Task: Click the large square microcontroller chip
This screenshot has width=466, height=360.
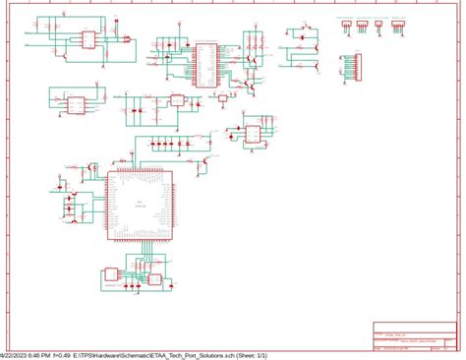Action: (141, 204)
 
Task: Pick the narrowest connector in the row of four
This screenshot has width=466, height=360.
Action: (346, 25)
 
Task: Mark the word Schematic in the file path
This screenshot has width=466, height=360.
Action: (166, 355)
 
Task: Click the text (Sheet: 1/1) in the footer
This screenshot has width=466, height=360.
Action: (300, 355)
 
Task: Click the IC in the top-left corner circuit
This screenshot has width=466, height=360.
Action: (87, 39)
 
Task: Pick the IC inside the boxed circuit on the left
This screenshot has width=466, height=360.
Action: (75, 102)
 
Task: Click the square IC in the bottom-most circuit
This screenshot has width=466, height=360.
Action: (153, 279)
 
